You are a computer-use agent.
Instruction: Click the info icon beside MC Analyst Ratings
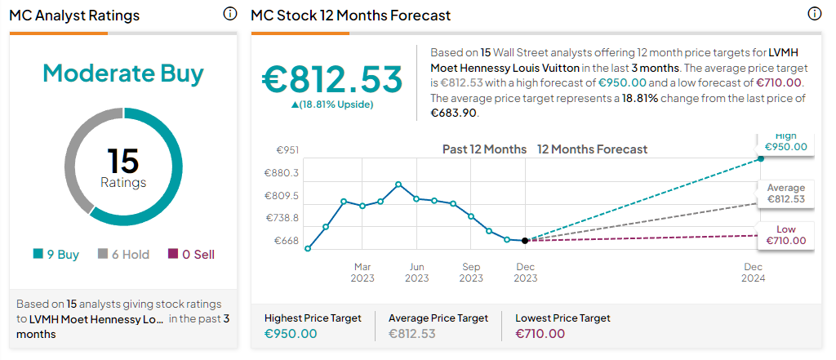click(229, 14)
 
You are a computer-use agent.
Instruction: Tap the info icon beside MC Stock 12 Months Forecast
click(814, 14)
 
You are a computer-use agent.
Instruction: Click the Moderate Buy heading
click(123, 73)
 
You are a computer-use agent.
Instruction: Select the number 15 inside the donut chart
click(123, 161)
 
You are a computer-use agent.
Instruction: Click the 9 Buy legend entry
click(56, 254)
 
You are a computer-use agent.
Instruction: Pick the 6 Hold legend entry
click(123, 254)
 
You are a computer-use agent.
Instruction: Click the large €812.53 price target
click(332, 79)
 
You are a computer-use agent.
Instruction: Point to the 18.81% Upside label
click(331, 104)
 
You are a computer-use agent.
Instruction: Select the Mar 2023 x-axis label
click(362, 272)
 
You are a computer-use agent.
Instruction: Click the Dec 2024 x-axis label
click(753, 272)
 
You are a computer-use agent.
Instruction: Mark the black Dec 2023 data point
click(525, 240)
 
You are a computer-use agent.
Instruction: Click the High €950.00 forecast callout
click(785, 142)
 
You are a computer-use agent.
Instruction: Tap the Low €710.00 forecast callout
click(785, 235)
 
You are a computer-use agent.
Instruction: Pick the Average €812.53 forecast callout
click(785, 193)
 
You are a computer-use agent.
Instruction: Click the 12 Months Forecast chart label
click(592, 149)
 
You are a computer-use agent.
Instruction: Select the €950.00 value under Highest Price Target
click(291, 333)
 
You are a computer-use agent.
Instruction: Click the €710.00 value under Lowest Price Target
click(540, 333)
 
